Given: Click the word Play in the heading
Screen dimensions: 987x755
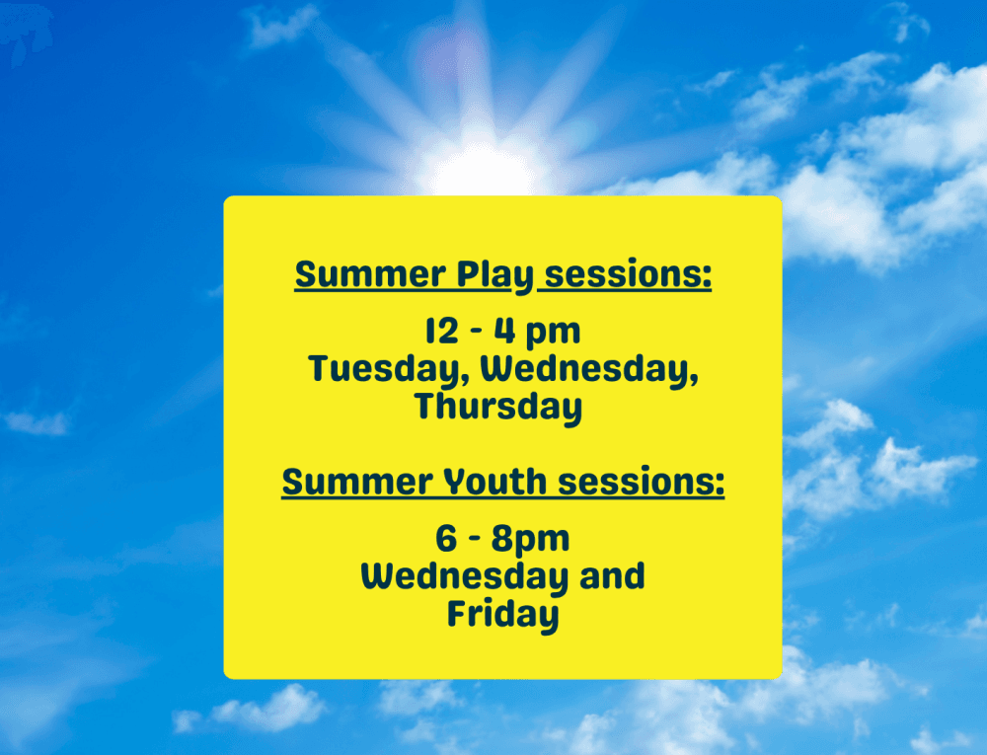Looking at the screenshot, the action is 494,275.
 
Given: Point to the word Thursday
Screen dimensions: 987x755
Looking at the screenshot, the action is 497,407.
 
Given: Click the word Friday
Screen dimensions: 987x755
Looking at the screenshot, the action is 503,615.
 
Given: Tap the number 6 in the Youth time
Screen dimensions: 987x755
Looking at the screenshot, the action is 446,539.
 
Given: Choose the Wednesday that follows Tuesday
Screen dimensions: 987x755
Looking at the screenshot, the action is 589,369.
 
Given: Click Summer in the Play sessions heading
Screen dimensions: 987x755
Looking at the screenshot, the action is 370,275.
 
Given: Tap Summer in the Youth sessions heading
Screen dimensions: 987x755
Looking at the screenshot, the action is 357,482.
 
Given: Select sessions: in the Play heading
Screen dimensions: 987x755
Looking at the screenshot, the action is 628,275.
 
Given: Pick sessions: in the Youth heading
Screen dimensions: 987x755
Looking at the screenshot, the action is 642,482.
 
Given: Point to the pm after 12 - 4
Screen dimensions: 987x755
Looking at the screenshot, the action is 553,333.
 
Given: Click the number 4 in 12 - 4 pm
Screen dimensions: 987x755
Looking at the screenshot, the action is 504,331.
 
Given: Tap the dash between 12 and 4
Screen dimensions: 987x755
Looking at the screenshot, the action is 477,332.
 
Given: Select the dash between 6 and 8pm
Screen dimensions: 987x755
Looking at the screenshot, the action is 475,539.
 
